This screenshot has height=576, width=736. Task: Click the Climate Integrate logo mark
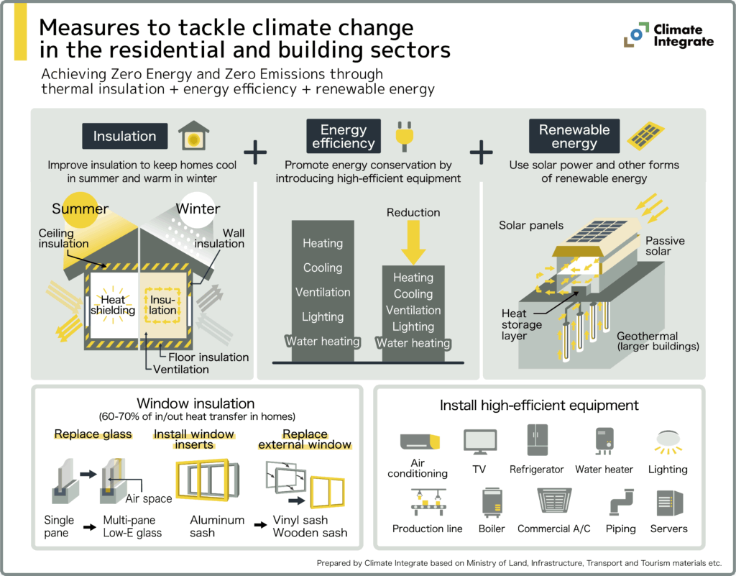tap(635, 35)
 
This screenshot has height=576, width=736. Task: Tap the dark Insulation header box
tap(125, 136)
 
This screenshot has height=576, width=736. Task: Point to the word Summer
tap(80, 209)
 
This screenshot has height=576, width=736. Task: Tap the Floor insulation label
tap(208, 357)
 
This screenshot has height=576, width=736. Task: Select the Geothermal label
tap(647, 336)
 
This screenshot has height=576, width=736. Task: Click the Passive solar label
tap(665, 246)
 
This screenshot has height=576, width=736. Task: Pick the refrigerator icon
tap(536, 439)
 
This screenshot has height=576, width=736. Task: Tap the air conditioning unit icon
tap(418, 441)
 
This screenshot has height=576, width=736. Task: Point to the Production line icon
tap(427, 501)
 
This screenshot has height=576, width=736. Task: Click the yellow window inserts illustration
tap(207, 481)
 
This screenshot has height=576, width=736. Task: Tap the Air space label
tap(149, 498)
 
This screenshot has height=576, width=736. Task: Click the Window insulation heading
tap(195, 403)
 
